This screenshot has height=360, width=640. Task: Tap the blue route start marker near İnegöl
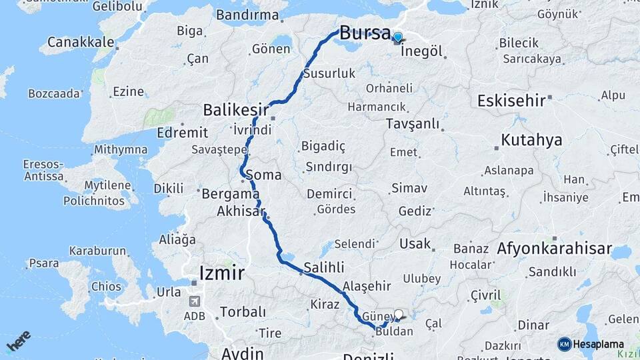(x=398, y=37)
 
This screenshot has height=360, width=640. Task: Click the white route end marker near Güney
(x=399, y=314)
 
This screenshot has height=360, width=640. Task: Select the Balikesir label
(x=236, y=109)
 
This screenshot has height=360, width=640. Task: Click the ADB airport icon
(x=195, y=302)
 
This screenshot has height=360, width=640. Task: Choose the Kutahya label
(x=531, y=140)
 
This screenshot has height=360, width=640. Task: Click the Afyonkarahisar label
(x=554, y=249)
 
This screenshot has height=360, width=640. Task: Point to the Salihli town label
(x=324, y=267)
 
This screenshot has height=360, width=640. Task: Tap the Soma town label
(x=263, y=175)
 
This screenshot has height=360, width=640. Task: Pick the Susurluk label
(x=329, y=73)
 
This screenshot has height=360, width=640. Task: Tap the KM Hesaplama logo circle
(x=565, y=344)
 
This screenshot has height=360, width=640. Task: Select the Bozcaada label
(x=54, y=93)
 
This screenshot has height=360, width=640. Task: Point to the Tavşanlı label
(x=413, y=124)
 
